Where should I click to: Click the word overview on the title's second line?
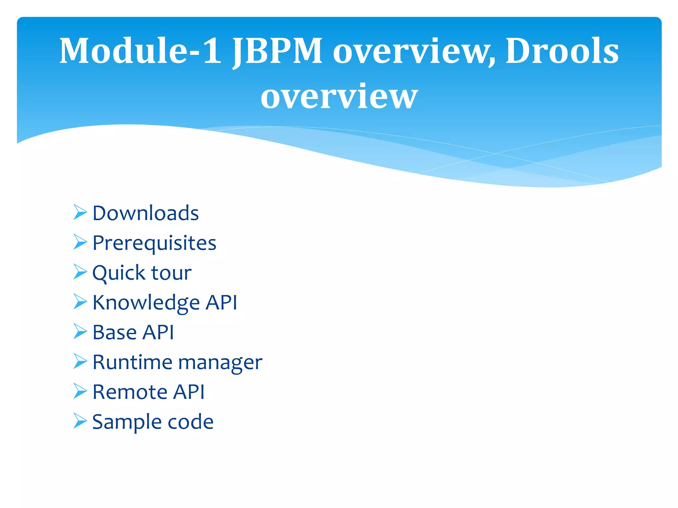[339, 96]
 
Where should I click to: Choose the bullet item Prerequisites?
[154, 243]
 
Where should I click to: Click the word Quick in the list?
[119, 273]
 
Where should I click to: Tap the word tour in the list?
[171, 273]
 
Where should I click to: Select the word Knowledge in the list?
[146, 303]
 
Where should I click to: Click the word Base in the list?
[115, 332]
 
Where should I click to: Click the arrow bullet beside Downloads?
[80, 212]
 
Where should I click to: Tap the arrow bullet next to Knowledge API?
[80, 302]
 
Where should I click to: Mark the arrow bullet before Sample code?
[80, 421]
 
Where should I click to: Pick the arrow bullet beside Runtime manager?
[80, 361]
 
